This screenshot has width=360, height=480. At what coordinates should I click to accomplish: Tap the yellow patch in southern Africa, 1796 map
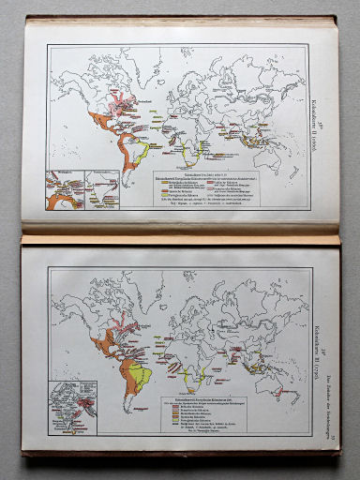click(x=193, y=379)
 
